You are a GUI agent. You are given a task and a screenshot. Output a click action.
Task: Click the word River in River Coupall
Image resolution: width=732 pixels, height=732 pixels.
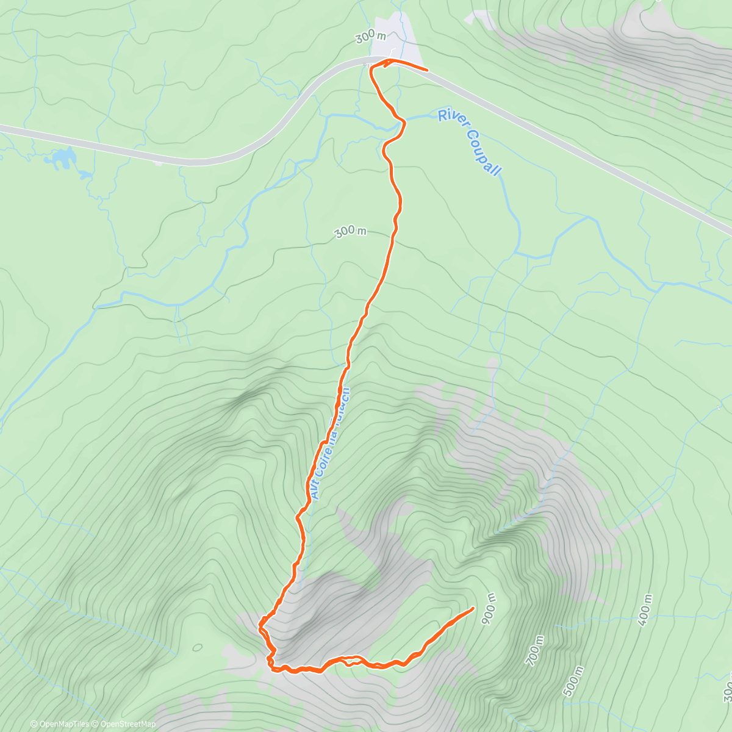(451, 119)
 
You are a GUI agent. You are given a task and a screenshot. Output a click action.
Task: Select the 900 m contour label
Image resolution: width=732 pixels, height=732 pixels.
(489, 609)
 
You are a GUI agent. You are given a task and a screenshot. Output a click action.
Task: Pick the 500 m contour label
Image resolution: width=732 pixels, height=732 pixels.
(573, 681)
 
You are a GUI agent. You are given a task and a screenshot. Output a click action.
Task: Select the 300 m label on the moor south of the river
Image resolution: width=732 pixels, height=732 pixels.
(350, 232)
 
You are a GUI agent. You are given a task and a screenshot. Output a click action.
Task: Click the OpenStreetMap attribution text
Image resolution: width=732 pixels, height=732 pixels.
(127, 724)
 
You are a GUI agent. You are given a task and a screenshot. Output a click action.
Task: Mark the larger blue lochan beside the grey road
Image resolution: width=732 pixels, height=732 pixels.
(62, 159)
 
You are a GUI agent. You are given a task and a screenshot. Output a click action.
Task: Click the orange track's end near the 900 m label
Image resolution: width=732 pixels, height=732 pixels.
(473, 608)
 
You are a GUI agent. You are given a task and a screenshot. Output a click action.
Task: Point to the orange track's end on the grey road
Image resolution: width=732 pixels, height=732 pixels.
(426, 70)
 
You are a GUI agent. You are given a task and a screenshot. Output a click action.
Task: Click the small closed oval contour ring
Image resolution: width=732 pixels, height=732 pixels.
(197, 647)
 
